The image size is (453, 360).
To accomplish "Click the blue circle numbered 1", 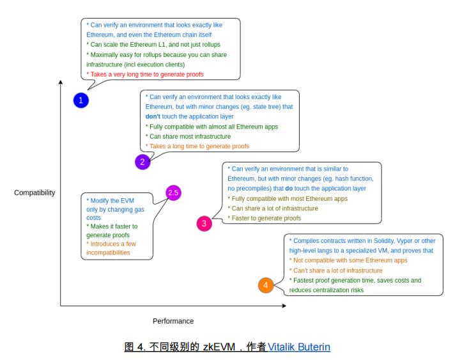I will click(x=81, y=100).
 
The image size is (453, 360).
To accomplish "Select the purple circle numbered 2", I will click(x=142, y=162).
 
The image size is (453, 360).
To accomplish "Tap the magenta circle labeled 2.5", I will click(x=173, y=192).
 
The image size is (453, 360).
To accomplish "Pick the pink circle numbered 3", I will click(x=204, y=223).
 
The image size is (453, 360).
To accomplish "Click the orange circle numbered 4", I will click(x=266, y=285).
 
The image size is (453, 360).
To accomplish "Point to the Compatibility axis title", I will click(x=35, y=192).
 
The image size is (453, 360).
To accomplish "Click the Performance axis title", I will click(x=173, y=320).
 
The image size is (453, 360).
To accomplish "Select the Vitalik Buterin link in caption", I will click(x=299, y=347).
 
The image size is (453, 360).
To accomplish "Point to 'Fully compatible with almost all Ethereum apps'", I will click(x=212, y=127).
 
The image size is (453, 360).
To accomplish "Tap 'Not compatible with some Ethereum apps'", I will click(x=348, y=260).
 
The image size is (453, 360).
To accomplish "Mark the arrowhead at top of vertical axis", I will click(x=60, y=82).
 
